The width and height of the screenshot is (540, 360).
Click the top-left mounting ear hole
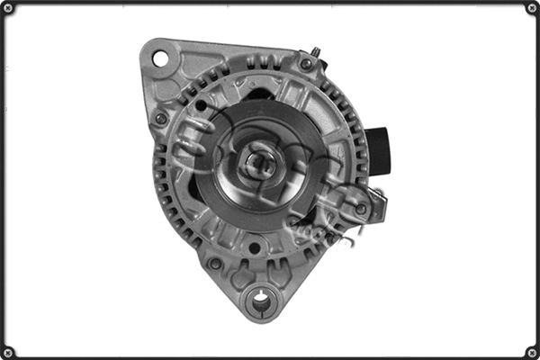point(161,58)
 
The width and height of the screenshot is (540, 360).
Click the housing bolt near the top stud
point(307,64)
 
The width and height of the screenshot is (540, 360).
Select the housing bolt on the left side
point(161,118)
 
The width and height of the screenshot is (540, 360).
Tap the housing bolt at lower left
point(215,264)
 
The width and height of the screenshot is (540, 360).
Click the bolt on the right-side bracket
point(361,209)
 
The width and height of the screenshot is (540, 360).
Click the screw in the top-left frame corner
point(8,8)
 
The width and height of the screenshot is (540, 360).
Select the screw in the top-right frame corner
point(532,8)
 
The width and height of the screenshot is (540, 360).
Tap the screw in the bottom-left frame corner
point(8,352)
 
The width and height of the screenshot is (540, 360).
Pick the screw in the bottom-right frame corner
point(532,352)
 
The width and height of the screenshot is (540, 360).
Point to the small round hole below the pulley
point(255,247)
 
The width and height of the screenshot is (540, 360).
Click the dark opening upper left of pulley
point(203,106)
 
